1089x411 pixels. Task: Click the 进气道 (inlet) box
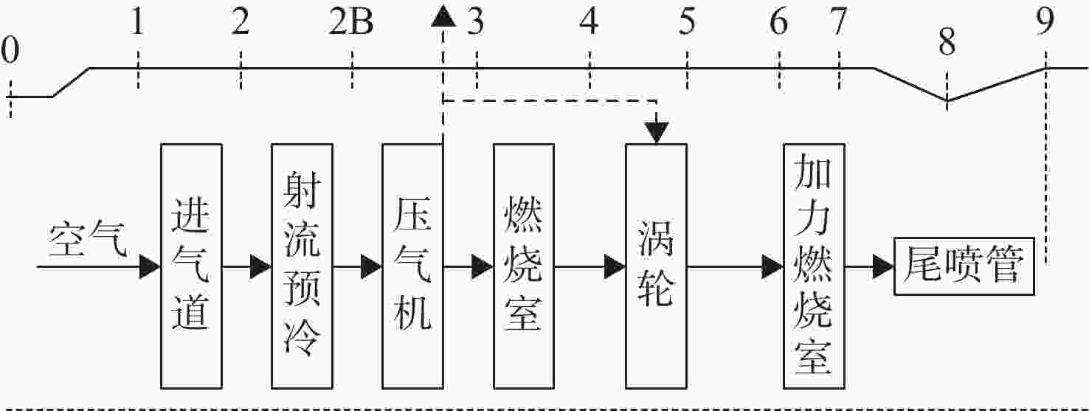coord(192,266)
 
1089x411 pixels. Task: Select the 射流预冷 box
coord(302,266)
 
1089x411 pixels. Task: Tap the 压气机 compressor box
coord(412,266)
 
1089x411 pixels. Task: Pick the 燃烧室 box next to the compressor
coord(524,266)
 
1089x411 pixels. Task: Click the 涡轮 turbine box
coord(657,266)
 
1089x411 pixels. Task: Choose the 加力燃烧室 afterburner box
coord(815,266)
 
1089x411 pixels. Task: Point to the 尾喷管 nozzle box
coord(964,266)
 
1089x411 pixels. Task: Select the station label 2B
coord(351,22)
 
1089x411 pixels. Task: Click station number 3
coord(475,22)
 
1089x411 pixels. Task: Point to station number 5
coord(686,22)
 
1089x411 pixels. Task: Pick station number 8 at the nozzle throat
coord(947,42)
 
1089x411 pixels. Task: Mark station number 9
coord(1045,21)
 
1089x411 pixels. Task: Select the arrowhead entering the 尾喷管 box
coord(883,267)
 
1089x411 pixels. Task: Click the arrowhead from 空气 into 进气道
coord(150,267)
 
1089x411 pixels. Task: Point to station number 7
coord(839,22)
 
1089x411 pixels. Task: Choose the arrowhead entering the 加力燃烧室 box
coord(772,267)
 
